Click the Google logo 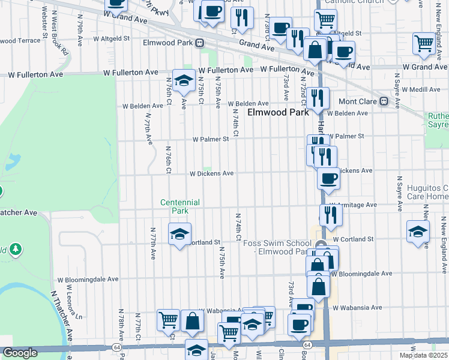pyautogui.click(x=20, y=353)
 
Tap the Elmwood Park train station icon pyautogui.click(x=199, y=43)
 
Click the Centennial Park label pyautogui.click(x=179, y=206)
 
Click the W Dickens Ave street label pyautogui.click(x=211, y=173)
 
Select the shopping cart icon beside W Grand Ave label pyautogui.click(x=424, y=44)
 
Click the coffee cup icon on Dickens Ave pyautogui.click(x=328, y=179)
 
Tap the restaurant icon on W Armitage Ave pyautogui.click(x=331, y=214)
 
